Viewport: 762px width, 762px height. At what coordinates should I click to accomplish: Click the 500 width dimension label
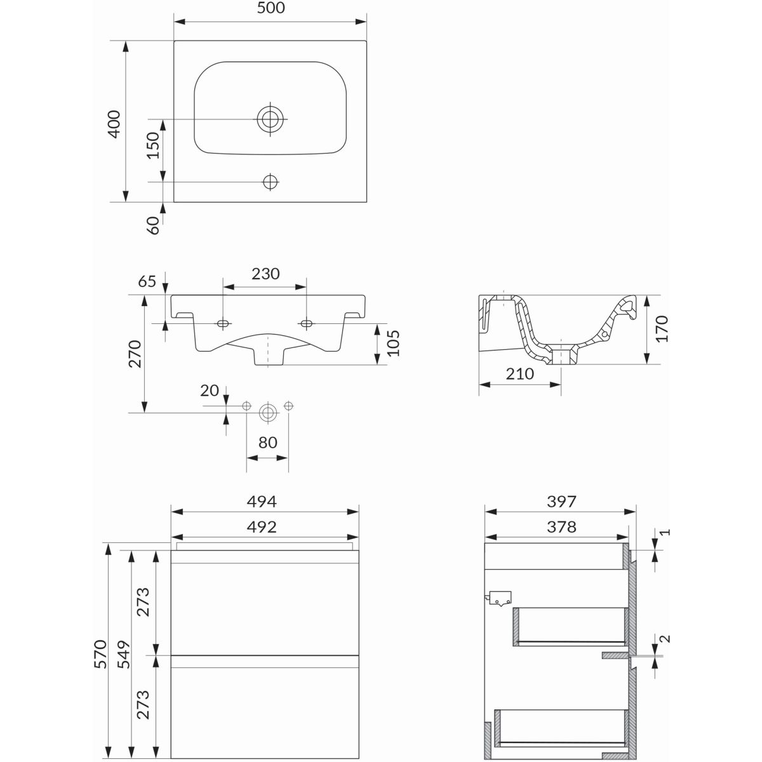271,8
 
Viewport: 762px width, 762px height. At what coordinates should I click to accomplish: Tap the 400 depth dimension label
114,124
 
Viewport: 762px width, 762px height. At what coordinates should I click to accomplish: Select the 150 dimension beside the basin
152,145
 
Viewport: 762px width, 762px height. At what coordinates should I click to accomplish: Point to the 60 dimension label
153,225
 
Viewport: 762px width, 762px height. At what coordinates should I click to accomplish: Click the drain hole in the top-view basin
271,119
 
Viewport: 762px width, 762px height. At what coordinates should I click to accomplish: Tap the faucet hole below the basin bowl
271,182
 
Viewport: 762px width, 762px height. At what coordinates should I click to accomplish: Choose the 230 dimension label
265,274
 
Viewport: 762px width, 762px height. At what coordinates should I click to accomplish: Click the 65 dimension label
147,281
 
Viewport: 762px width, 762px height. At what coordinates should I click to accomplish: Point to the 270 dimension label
135,354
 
